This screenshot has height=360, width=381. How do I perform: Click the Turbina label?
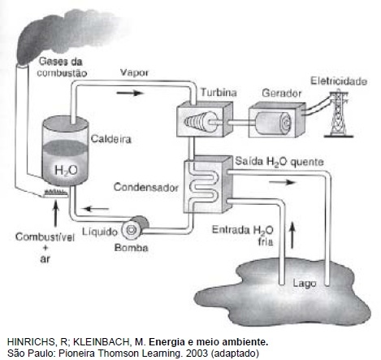pyautogui.click(x=219, y=93)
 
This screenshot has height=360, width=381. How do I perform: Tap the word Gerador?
pyautogui.click(x=282, y=93)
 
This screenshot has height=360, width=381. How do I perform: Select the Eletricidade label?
pyautogui.click(x=339, y=81)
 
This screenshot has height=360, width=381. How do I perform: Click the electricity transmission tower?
pyautogui.click(x=339, y=115)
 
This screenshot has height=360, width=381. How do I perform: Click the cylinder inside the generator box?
pyautogui.click(x=274, y=123)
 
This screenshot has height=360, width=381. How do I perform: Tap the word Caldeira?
pyautogui.click(x=111, y=139)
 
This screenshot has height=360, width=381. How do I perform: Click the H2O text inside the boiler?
pyautogui.click(x=66, y=171)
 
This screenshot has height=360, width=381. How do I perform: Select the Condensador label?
pyautogui.click(x=146, y=187)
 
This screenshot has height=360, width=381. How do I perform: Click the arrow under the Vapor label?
pyautogui.click(x=129, y=93)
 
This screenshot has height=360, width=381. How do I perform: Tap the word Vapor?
pyautogui.click(x=134, y=72)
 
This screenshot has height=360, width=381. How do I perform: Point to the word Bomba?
pyautogui.click(x=131, y=248)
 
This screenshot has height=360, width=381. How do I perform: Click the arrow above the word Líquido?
pyautogui.click(x=96, y=209)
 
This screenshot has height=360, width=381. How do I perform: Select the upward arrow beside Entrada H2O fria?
pyautogui.click(x=292, y=236)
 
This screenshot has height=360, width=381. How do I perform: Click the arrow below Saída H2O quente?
pyautogui.click(x=282, y=182)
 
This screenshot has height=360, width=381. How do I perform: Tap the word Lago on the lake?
pyautogui.click(x=305, y=284)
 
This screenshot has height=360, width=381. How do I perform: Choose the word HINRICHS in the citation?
pyautogui.click(x=32, y=342)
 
